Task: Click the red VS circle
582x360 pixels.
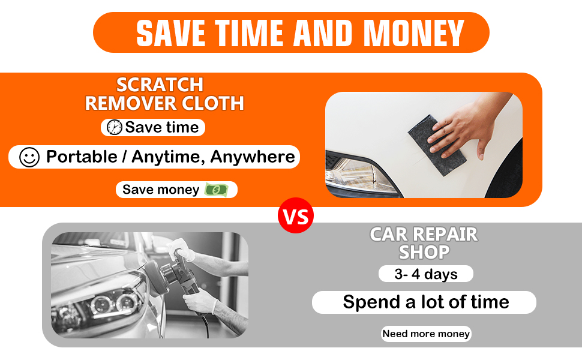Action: (x=296, y=215)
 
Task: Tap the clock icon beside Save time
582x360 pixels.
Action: (x=115, y=127)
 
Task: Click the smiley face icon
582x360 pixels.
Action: (x=29, y=157)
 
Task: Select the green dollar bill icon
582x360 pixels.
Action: (x=217, y=190)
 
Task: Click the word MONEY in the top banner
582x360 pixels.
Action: (x=414, y=33)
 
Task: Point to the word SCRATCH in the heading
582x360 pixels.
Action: (x=160, y=85)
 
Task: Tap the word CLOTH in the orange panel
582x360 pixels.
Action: (x=212, y=103)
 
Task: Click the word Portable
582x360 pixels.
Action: (x=82, y=157)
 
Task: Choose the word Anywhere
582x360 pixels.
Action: (x=253, y=157)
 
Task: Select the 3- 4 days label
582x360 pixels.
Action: (x=426, y=274)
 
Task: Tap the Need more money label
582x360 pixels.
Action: (x=426, y=334)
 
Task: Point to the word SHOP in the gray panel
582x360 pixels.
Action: (x=424, y=253)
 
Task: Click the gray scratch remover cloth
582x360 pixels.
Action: (x=436, y=145)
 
